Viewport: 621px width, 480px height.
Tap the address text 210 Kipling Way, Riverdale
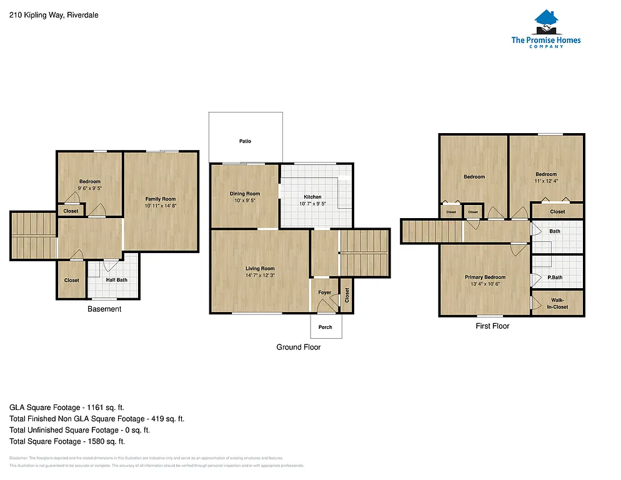pos(54,14)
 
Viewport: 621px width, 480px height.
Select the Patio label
pos(245,141)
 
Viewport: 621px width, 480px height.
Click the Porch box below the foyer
pos(325,327)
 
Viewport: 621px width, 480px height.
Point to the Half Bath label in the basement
pos(117,280)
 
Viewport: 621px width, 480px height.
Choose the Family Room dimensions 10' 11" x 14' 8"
pos(161,206)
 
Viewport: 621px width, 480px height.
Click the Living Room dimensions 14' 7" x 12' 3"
pos(260,275)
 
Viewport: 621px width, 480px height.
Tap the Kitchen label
pos(312,197)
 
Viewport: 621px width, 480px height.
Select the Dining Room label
pos(244,194)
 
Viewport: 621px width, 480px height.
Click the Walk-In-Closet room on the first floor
pos(557,304)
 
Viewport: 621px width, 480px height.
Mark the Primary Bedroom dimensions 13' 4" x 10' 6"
pos(485,284)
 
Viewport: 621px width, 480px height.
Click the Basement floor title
pos(104,309)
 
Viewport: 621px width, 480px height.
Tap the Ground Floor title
pos(299,347)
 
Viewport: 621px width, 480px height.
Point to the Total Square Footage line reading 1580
pos(72,441)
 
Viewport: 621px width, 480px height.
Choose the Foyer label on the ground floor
pos(325,292)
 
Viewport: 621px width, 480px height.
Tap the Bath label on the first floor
pos(555,231)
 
